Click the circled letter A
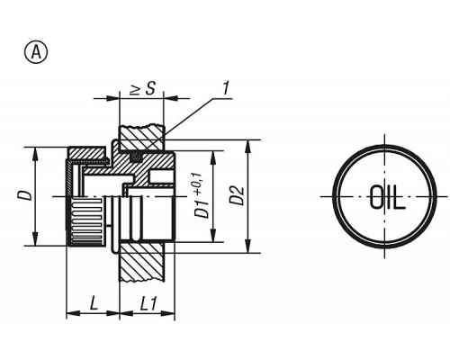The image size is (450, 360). click(x=36, y=53)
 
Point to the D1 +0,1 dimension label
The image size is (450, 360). click(x=202, y=195)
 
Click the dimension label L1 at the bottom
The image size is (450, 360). click(x=148, y=304)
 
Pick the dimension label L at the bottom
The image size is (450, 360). click(x=94, y=303)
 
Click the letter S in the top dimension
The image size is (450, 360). click(x=150, y=88)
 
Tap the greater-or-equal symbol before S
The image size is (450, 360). click(x=136, y=90)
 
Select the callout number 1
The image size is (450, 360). click(x=225, y=88)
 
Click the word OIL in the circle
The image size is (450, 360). click(x=387, y=197)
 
